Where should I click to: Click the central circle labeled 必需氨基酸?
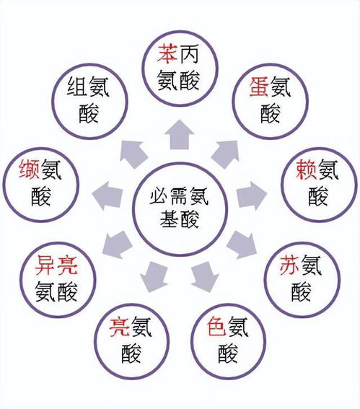tap(180, 164)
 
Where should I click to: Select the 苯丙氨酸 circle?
tap(180, 32)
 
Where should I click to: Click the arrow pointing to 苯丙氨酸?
tap(180, 135)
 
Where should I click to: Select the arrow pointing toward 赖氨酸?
tap(252, 195)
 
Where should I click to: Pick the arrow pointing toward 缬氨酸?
tap(107, 195)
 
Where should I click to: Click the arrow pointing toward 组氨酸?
tap(133, 154)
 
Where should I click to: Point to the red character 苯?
tap(167, 54)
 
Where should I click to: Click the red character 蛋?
tap(259, 87)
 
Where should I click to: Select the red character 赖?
tap(307, 170)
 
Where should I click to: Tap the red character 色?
tap(216, 326)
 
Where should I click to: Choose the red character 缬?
tap(29, 170)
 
